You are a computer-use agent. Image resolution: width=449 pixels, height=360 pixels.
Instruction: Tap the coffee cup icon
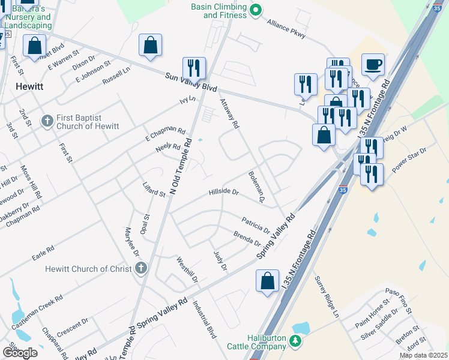373,64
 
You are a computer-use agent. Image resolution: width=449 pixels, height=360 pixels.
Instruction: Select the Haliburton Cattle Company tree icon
294,341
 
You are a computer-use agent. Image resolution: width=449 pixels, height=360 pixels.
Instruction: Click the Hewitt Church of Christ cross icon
140,268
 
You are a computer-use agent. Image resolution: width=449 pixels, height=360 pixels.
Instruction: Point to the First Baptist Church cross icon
47,121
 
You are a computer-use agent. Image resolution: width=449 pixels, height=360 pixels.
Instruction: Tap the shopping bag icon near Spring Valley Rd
267,281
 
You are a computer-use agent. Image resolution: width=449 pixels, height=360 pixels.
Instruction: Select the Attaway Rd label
229,114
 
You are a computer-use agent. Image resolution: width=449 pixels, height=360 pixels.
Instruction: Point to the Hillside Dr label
223,193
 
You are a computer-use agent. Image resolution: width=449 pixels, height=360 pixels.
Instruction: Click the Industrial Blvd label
204,320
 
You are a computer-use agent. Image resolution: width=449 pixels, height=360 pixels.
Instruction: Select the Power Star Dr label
409,160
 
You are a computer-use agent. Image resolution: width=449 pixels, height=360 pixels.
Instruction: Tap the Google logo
20,353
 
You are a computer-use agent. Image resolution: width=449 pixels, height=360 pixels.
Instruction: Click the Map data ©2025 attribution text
424,355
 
